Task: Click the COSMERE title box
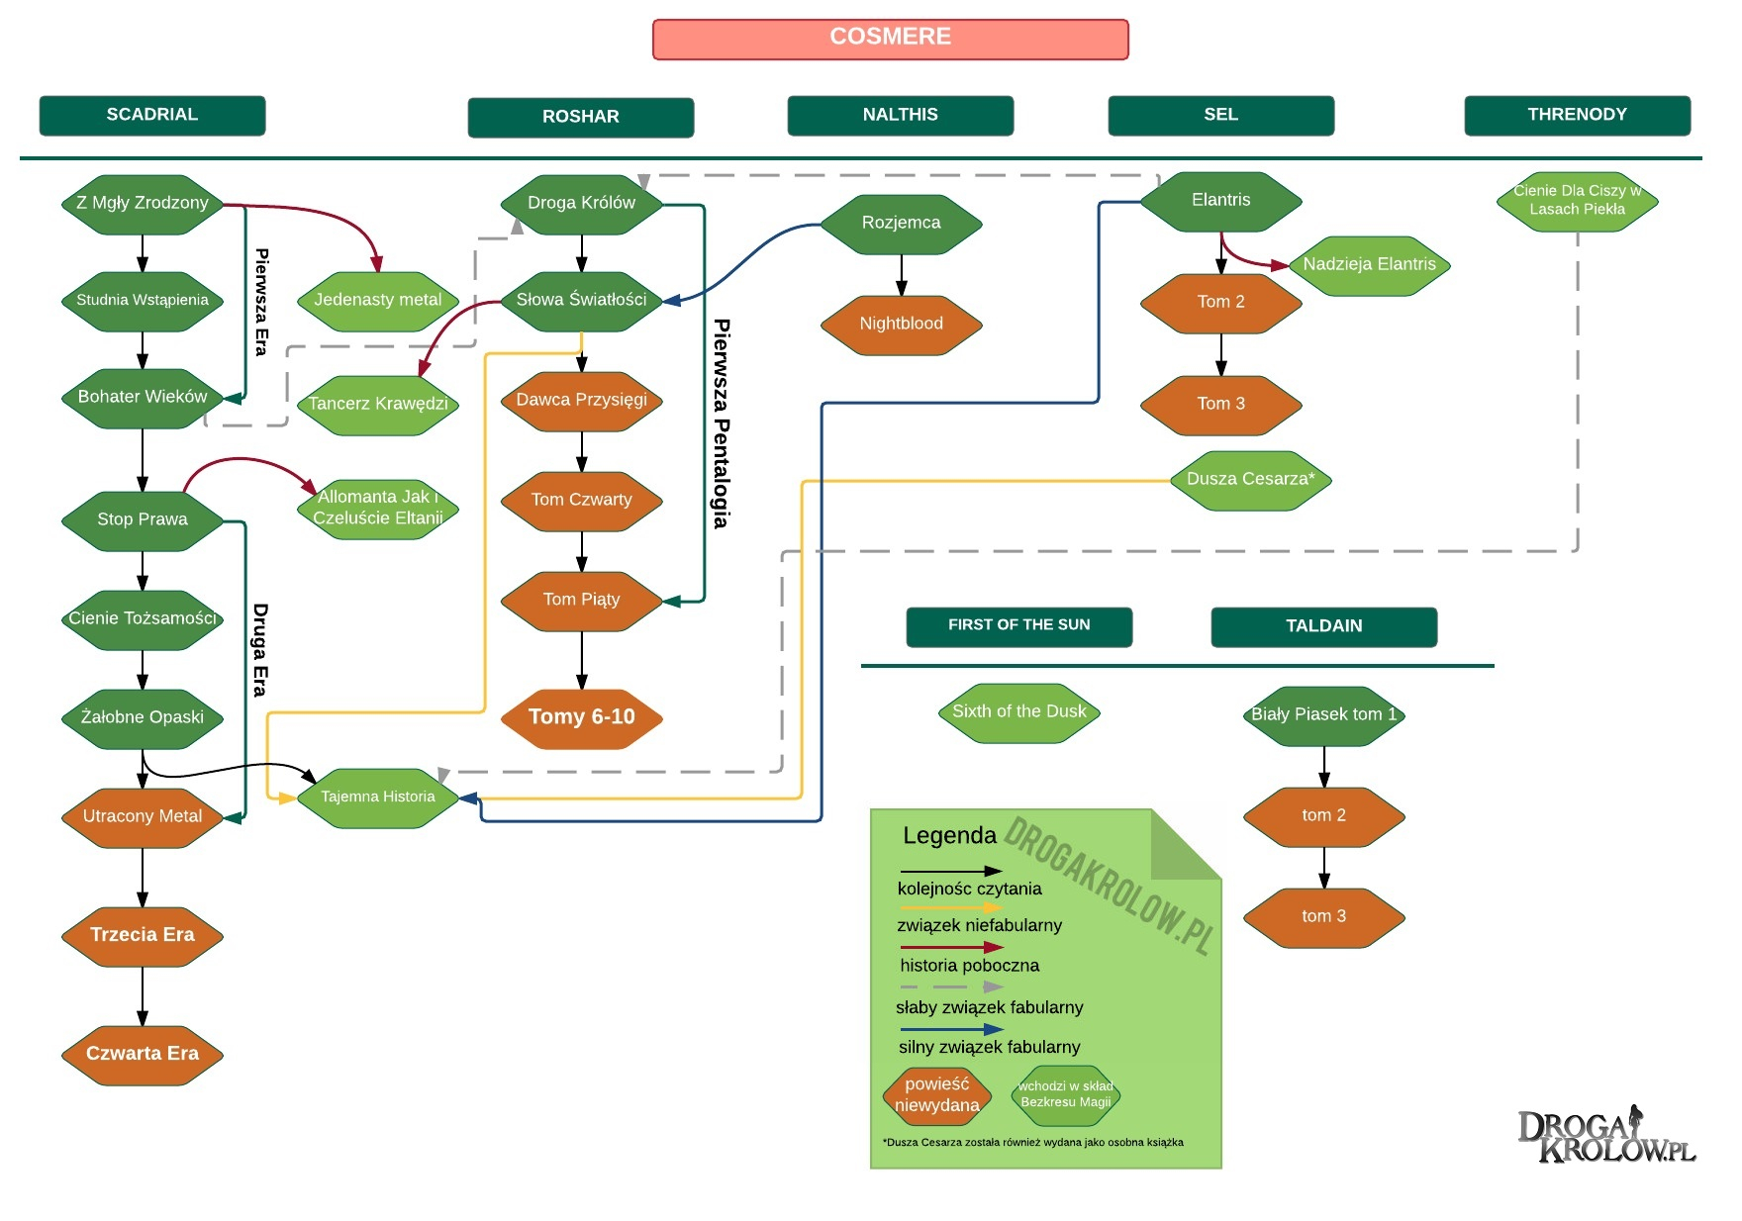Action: pyautogui.click(x=890, y=39)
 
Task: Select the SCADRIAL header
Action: pyautogui.click(x=152, y=115)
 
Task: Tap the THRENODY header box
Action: pyautogui.click(x=1577, y=115)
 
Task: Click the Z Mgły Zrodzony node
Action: pyautogui.click(x=143, y=204)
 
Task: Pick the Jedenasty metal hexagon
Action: pyautogui.click(x=377, y=301)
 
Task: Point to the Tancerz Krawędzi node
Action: pyautogui.click(x=377, y=404)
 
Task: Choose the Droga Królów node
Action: pyautogui.click(x=581, y=204)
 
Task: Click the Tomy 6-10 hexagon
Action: pyautogui.click(x=581, y=717)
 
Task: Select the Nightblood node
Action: pyautogui.click(x=901, y=325)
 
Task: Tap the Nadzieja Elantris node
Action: pyautogui.click(x=1369, y=265)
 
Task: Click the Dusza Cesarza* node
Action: pyautogui.click(x=1250, y=480)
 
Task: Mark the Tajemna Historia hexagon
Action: pyautogui.click(x=377, y=798)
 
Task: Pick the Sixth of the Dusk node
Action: pyautogui.click(x=1018, y=712)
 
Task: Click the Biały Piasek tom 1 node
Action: pyautogui.click(x=1323, y=715)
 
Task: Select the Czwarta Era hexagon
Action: pyautogui.click(x=143, y=1054)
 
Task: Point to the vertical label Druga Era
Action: pyautogui.click(x=259, y=649)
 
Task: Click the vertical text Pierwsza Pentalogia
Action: pyautogui.click(x=722, y=423)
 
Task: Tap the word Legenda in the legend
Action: pyautogui.click(x=949, y=836)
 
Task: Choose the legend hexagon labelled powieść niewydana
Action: pyautogui.click(x=936, y=1095)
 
